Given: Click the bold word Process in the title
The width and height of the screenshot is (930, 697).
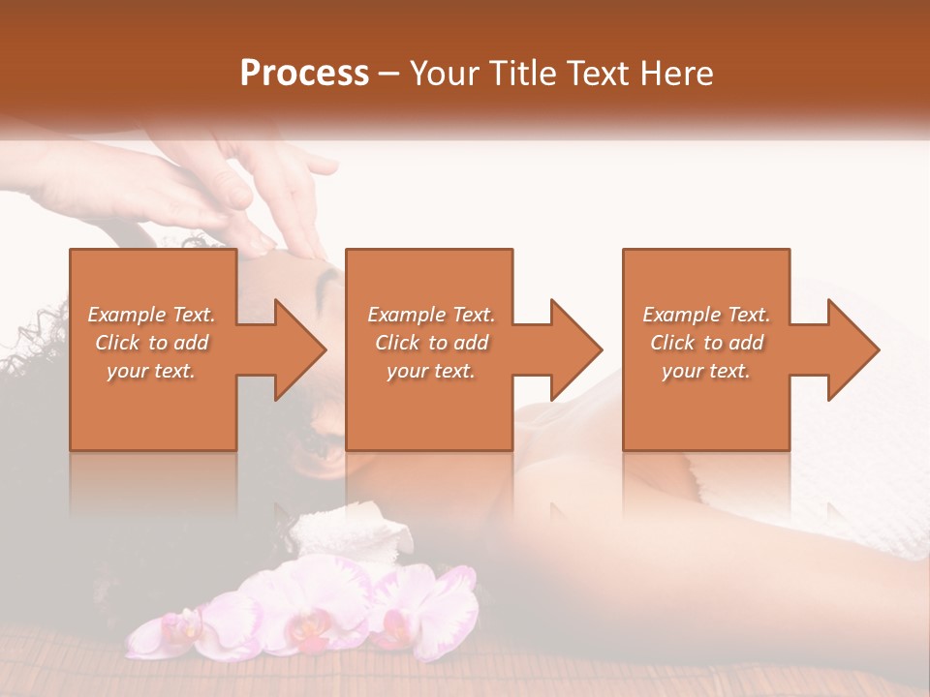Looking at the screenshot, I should tap(304, 74).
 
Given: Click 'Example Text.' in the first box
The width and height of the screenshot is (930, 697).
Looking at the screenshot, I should tap(151, 315).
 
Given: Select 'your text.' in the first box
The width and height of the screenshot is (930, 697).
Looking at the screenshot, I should tap(151, 371).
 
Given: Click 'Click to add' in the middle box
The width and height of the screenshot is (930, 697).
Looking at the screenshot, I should tap(431, 343).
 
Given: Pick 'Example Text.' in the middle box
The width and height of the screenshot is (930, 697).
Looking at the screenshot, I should tap(431, 315).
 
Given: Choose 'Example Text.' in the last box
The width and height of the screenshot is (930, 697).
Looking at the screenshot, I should tap(706, 315).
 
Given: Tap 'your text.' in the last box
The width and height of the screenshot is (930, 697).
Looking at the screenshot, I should tap(706, 371).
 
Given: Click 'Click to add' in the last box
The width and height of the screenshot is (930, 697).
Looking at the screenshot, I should tap(706, 343).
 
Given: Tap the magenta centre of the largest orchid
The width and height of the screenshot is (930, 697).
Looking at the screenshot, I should tap(308, 629).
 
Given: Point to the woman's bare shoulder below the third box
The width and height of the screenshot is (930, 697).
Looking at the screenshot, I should tap(620, 484).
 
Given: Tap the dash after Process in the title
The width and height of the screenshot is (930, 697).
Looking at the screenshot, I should tap(389, 74).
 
